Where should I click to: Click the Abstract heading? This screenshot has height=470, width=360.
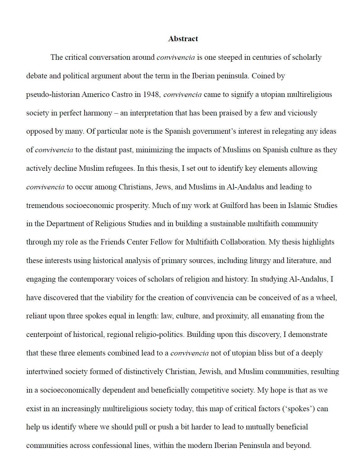[183, 39]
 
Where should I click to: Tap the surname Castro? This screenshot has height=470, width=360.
[121, 94]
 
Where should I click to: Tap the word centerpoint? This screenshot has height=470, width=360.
[44, 334]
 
